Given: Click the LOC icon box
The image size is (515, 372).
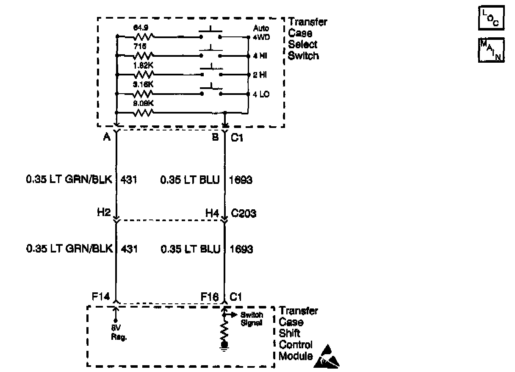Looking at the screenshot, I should (491, 18).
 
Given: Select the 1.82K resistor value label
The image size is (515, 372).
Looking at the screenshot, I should (141, 66).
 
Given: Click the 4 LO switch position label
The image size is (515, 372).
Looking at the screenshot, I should (261, 94).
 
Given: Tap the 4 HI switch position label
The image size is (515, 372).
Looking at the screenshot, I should (260, 56).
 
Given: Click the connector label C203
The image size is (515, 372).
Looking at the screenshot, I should (244, 214).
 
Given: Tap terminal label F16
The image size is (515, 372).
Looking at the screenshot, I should (210, 297).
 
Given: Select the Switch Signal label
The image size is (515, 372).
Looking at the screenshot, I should (252, 318).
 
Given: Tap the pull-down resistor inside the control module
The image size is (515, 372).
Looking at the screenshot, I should (225, 330).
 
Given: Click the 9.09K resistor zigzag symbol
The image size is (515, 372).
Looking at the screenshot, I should (143, 113).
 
